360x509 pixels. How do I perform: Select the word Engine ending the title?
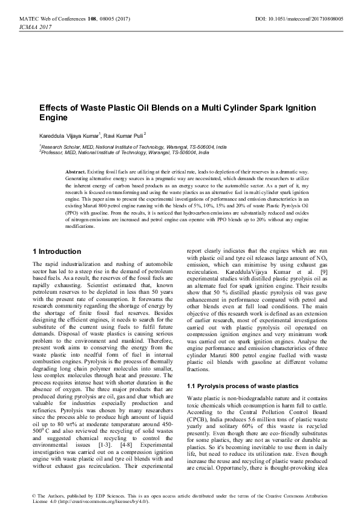click(52, 118)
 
